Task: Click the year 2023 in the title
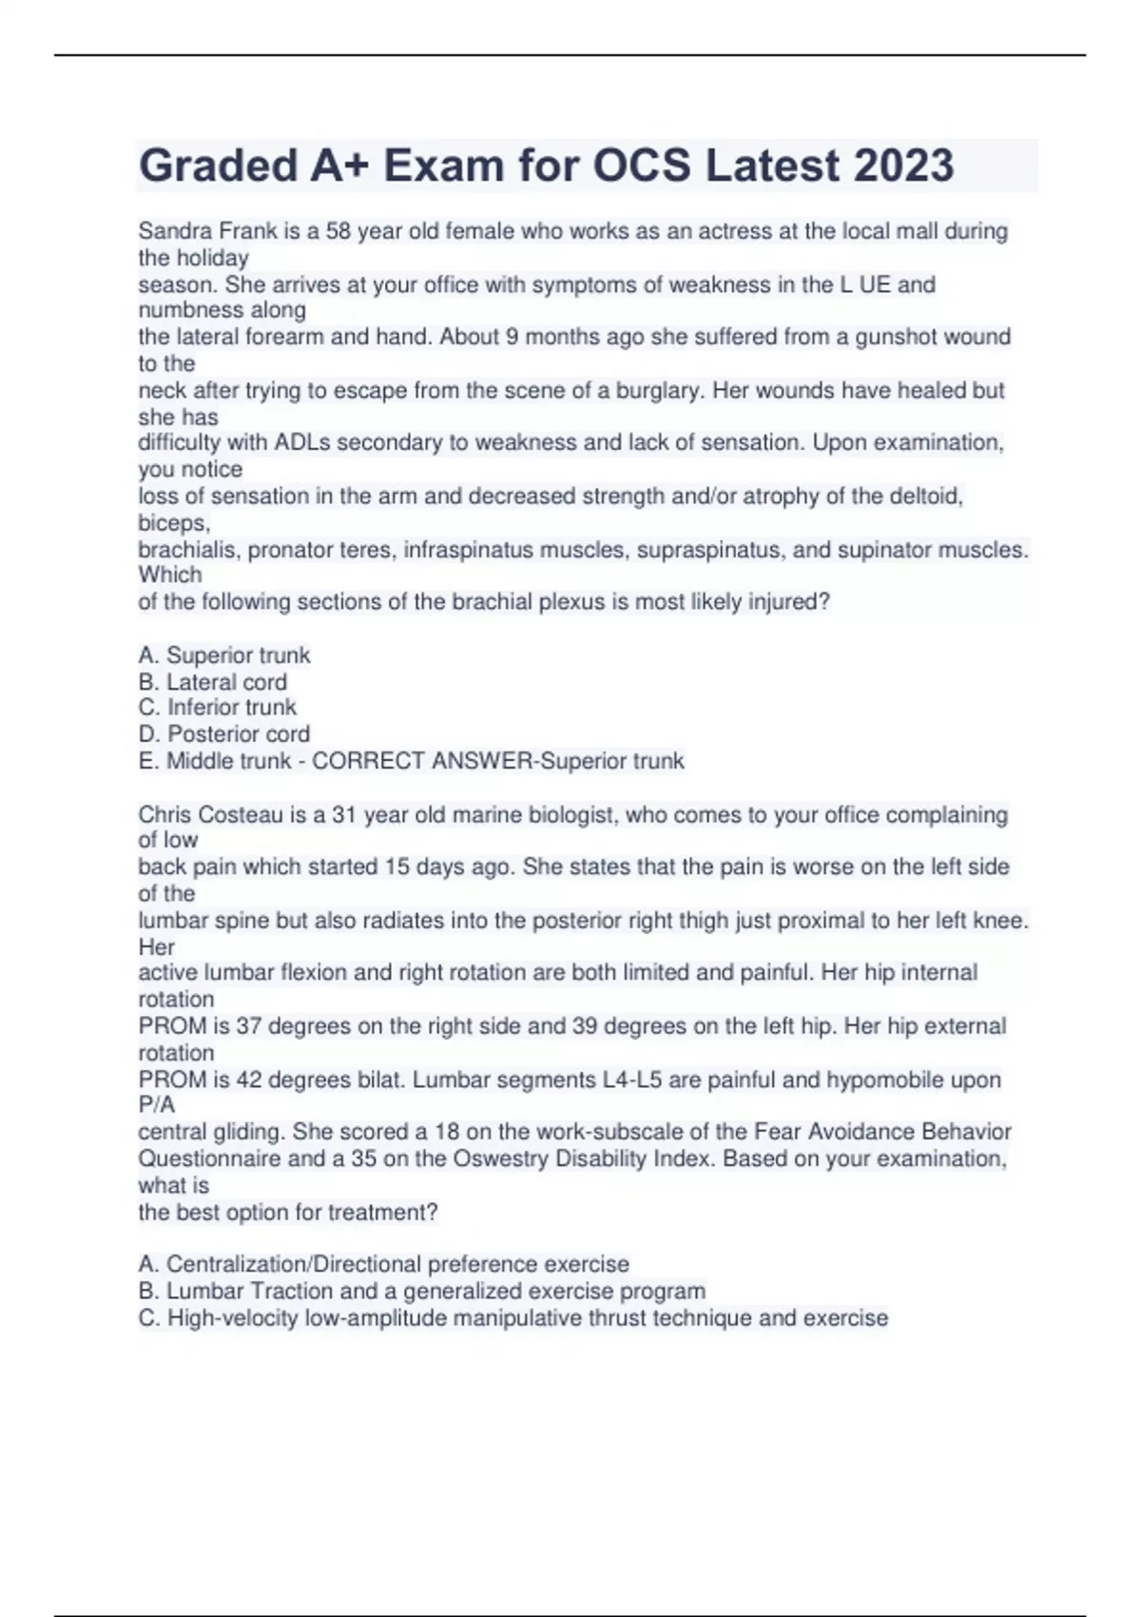[x=903, y=166]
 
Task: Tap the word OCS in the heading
[x=642, y=166]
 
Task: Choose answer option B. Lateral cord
[x=213, y=682]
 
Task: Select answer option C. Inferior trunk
[x=218, y=707]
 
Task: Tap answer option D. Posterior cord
[x=224, y=733]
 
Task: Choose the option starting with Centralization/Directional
[x=384, y=1264]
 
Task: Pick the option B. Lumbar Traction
[x=422, y=1291]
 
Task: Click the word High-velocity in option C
[x=233, y=1318]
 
